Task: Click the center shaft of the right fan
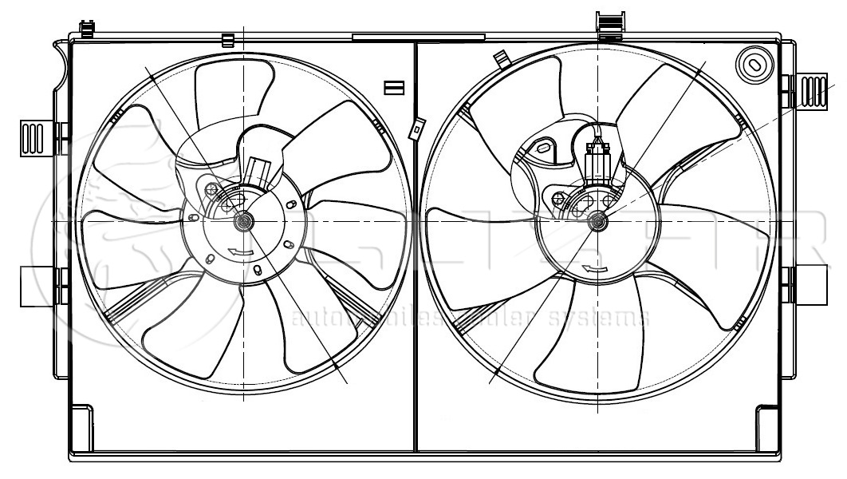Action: (597, 221)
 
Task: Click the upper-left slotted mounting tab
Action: (37, 137)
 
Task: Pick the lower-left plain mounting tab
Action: (37, 286)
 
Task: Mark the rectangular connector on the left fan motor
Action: (257, 170)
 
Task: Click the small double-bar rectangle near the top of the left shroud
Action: (394, 87)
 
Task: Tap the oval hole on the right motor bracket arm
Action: (546, 148)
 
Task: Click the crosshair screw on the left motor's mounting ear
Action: (211, 190)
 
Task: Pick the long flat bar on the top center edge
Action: (418, 37)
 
